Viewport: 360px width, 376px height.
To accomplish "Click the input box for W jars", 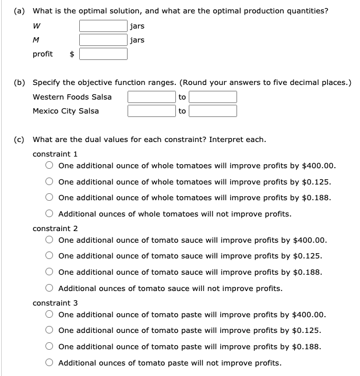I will pyautogui.click(x=104, y=26).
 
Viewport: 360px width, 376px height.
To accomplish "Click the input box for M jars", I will pyautogui.click(x=104, y=40).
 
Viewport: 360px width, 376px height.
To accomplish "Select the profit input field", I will pyautogui.click(x=104, y=54).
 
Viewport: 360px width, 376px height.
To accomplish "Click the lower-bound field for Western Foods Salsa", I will pyautogui.click(x=151, y=97).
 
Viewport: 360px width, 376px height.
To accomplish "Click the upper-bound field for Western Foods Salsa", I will pyautogui.click(x=213, y=97).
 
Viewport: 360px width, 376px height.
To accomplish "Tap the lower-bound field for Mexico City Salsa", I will pyautogui.click(x=151, y=111).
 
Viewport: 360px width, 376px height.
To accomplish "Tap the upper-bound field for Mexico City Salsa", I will pyautogui.click(x=213, y=111).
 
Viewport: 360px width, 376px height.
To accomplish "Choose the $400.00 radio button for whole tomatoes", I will pyautogui.click(x=51, y=165).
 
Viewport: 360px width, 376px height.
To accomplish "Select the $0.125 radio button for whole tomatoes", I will pyautogui.click(x=51, y=182).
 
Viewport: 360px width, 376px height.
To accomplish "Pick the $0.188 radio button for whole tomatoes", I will pyautogui.click(x=51, y=198).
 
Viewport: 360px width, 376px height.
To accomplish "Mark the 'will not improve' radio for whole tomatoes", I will pyautogui.click(x=51, y=214).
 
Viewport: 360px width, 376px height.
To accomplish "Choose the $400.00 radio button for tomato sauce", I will pyautogui.click(x=51, y=240).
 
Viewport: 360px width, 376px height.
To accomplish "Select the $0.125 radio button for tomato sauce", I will pyautogui.click(x=51, y=256).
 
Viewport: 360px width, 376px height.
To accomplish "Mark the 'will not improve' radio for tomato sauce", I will pyautogui.click(x=51, y=289).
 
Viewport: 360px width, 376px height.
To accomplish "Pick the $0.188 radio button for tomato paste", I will pyautogui.click(x=51, y=347).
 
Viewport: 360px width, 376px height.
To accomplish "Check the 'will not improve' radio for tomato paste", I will pyautogui.click(x=51, y=363).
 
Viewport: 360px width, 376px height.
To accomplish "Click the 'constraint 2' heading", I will pyautogui.click(x=55, y=229).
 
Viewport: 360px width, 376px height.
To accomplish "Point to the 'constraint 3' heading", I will pyautogui.click(x=55, y=303).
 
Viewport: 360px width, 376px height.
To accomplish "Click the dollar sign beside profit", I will pyautogui.click(x=72, y=54).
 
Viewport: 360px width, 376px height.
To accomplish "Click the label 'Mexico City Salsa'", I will pyautogui.click(x=66, y=111).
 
